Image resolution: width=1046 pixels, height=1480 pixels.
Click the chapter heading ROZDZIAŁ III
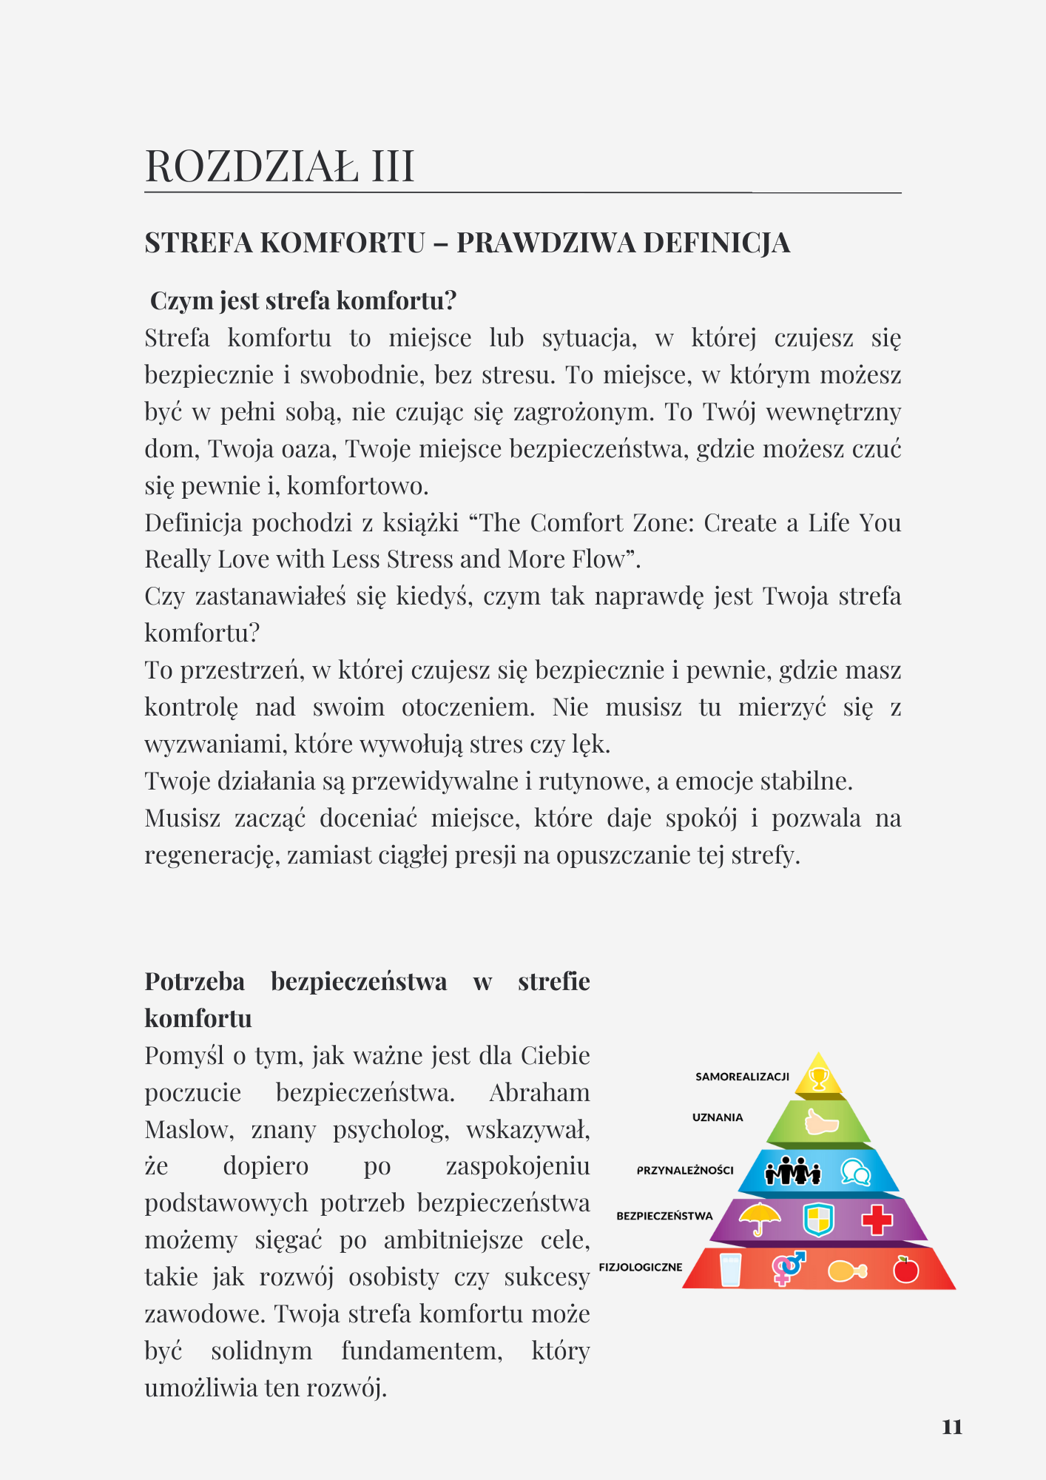[x=280, y=166]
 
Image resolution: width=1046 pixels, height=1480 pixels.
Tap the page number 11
[x=952, y=1427]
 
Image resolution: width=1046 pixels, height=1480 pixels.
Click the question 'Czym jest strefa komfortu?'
[x=303, y=300]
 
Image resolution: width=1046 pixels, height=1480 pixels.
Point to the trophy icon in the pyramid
[x=818, y=1078]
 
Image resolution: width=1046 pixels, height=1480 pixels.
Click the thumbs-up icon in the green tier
[x=821, y=1123]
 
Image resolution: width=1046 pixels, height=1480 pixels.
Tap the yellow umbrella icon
[x=760, y=1218]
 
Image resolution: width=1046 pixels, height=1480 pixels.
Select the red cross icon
[x=877, y=1220]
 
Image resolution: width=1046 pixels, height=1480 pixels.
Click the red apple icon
[x=905, y=1269]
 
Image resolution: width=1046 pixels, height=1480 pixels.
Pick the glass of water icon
[x=730, y=1269]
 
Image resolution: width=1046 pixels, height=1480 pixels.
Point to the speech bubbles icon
[x=855, y=1172]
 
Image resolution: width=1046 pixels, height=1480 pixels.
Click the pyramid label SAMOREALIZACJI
[x=742, y=1077]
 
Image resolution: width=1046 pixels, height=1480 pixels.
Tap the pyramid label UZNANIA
[x=718, y=1117]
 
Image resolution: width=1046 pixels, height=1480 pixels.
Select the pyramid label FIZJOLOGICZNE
[x=641, y=1267]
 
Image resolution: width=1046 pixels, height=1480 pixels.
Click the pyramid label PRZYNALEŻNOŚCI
[x=685, y=1170]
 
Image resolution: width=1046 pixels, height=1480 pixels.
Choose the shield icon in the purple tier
[x=818, y=1220]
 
